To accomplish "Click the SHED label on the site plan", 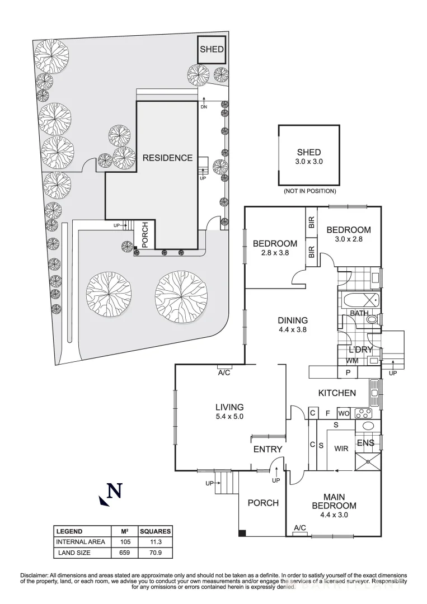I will (212, 50).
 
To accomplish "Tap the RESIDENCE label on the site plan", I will (167, 158).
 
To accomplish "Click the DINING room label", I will (293, 320).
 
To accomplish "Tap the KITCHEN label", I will (337, 393).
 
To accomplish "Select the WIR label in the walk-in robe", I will (341, 449).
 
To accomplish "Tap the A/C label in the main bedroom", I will (299, 528).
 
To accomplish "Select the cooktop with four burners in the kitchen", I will (364, 413).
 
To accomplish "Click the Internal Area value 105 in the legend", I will (124, 541).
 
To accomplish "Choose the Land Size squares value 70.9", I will (155, 553).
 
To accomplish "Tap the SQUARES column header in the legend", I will (155, 531).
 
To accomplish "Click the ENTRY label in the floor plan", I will (268, 449).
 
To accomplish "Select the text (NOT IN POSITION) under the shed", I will (309, 191).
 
